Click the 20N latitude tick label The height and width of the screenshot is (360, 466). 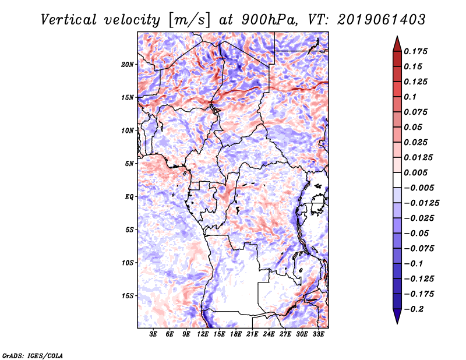point(128,64)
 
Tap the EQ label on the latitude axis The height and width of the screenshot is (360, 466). point(130,197)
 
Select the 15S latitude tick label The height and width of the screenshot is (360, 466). point(128,296)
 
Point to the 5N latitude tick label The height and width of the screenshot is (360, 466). point(129,164)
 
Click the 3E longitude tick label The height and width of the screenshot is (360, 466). point(154,334)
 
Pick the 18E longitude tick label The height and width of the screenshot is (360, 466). point(236,334)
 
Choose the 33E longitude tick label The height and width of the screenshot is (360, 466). point(319,334)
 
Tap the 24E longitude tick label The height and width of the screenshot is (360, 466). point(269,334)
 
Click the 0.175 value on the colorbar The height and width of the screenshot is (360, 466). point(416,51)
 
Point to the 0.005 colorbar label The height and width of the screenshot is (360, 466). point(416,172)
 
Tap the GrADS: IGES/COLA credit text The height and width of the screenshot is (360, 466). point(32,355)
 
